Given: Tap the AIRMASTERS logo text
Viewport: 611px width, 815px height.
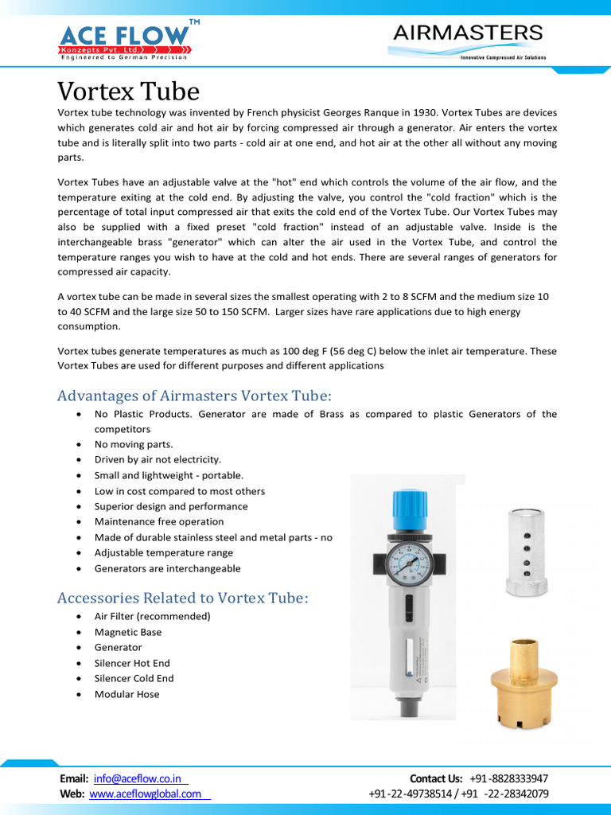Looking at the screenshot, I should pyautogui.click(x=468, y=33).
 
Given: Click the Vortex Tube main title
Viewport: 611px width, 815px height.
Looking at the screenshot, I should pyautogui.click(x=128, y=90).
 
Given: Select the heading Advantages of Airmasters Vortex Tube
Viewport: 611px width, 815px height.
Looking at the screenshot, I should pyautogui.click(x=194, y=396).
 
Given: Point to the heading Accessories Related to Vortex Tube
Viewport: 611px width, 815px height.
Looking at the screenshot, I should pyautogui.click(x=182, y=598).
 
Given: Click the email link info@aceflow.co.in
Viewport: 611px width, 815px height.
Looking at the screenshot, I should pyautogui.click(x=138, y=778).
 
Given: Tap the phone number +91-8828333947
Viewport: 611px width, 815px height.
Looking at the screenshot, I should pyautogui.click(x=508, y=778).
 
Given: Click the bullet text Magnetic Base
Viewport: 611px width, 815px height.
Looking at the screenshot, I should pyautogui.click(x=128, y=632).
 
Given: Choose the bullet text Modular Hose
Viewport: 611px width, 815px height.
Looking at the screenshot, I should pyautogui.click(x=126, y=694).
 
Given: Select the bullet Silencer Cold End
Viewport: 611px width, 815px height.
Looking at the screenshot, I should pyautogui.click(x=134, y=678).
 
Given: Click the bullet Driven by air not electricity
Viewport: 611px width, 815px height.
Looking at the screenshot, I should pyautogui.click(x=158, y=459).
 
